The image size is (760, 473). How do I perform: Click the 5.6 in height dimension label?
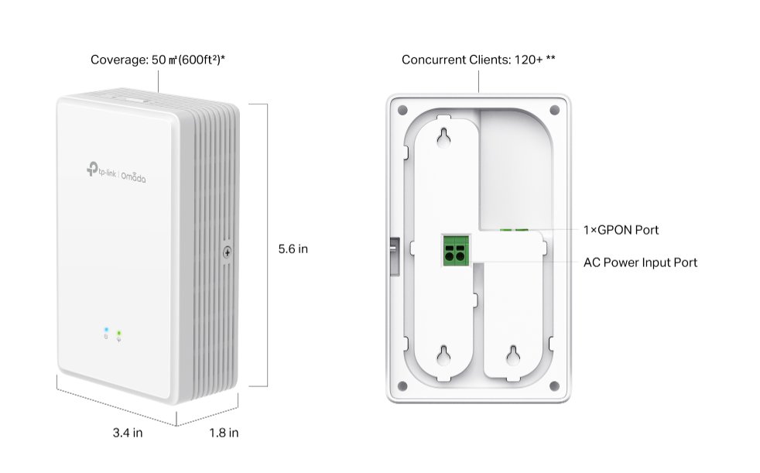point(293,249)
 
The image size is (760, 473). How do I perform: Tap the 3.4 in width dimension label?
point(127,433)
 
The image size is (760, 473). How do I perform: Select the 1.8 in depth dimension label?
point(224,433)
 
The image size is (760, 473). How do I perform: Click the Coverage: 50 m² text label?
point(158,60)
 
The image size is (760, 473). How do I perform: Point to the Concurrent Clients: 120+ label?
point(478,60)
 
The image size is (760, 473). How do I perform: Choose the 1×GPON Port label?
point(621,230)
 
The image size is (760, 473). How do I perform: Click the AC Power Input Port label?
point(640,262)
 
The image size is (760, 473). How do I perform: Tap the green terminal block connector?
point(454,251)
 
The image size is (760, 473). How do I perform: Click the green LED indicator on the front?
point(118,333)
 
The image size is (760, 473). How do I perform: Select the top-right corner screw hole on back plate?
point(553,109)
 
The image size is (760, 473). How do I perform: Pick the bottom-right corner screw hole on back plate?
point(553,386)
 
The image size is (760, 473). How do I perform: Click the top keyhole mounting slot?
point(445,136)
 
